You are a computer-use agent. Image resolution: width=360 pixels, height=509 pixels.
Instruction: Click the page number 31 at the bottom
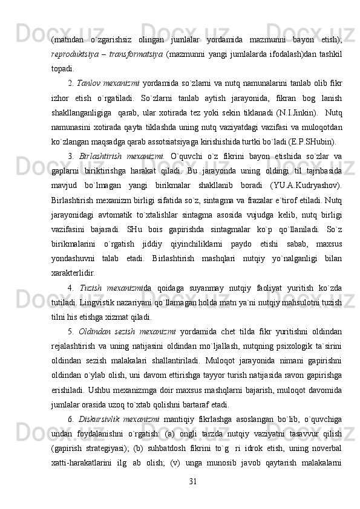point(193,479)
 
